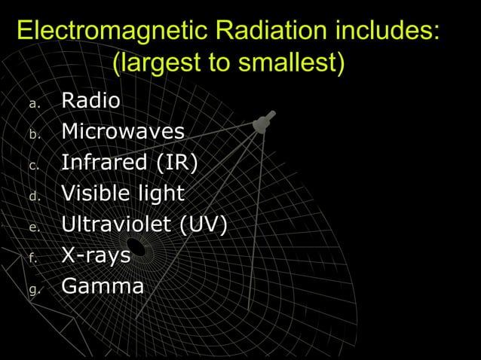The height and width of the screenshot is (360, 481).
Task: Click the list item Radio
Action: pos(90,100)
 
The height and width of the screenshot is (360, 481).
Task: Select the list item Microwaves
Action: pos(122,131)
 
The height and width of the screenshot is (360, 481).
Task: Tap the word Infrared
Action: pos(104,162)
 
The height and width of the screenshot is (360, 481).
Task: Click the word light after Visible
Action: pos(161,194)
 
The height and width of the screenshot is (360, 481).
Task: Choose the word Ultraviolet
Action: pos(114,224)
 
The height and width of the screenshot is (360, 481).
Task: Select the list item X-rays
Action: pos(96,255)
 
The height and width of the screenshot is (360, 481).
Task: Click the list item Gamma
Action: pos(102,286)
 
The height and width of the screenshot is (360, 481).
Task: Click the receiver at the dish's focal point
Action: pos(263,122)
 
